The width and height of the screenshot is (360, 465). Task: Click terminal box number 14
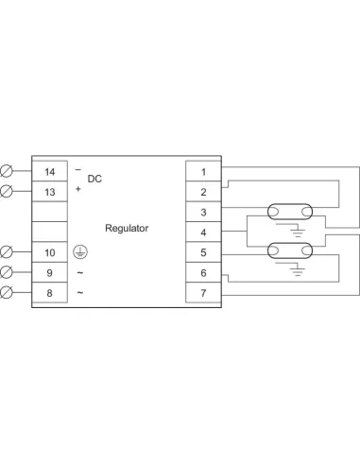[50, 171]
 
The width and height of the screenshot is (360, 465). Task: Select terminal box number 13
[50, 192]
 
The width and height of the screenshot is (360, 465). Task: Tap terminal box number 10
[50, 252]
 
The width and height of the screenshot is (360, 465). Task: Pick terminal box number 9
[50, 273]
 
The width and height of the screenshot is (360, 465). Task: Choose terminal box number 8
[50, 293]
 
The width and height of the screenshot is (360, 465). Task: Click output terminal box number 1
[203, 171]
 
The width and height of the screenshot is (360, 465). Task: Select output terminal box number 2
[203, 192]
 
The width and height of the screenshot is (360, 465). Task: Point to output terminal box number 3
[203, 212]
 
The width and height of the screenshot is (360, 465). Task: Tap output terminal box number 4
[203, 232]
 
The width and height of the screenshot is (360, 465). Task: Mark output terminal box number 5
[203, 252]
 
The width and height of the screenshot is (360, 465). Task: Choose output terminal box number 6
[203, 273]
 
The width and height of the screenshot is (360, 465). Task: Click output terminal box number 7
[203, 293]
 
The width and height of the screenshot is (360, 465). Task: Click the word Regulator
[127, 229]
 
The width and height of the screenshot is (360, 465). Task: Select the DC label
[94, 179]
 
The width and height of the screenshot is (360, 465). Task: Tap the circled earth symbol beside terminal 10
[80, 252]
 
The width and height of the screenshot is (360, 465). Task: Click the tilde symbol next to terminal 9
[79, 273]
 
